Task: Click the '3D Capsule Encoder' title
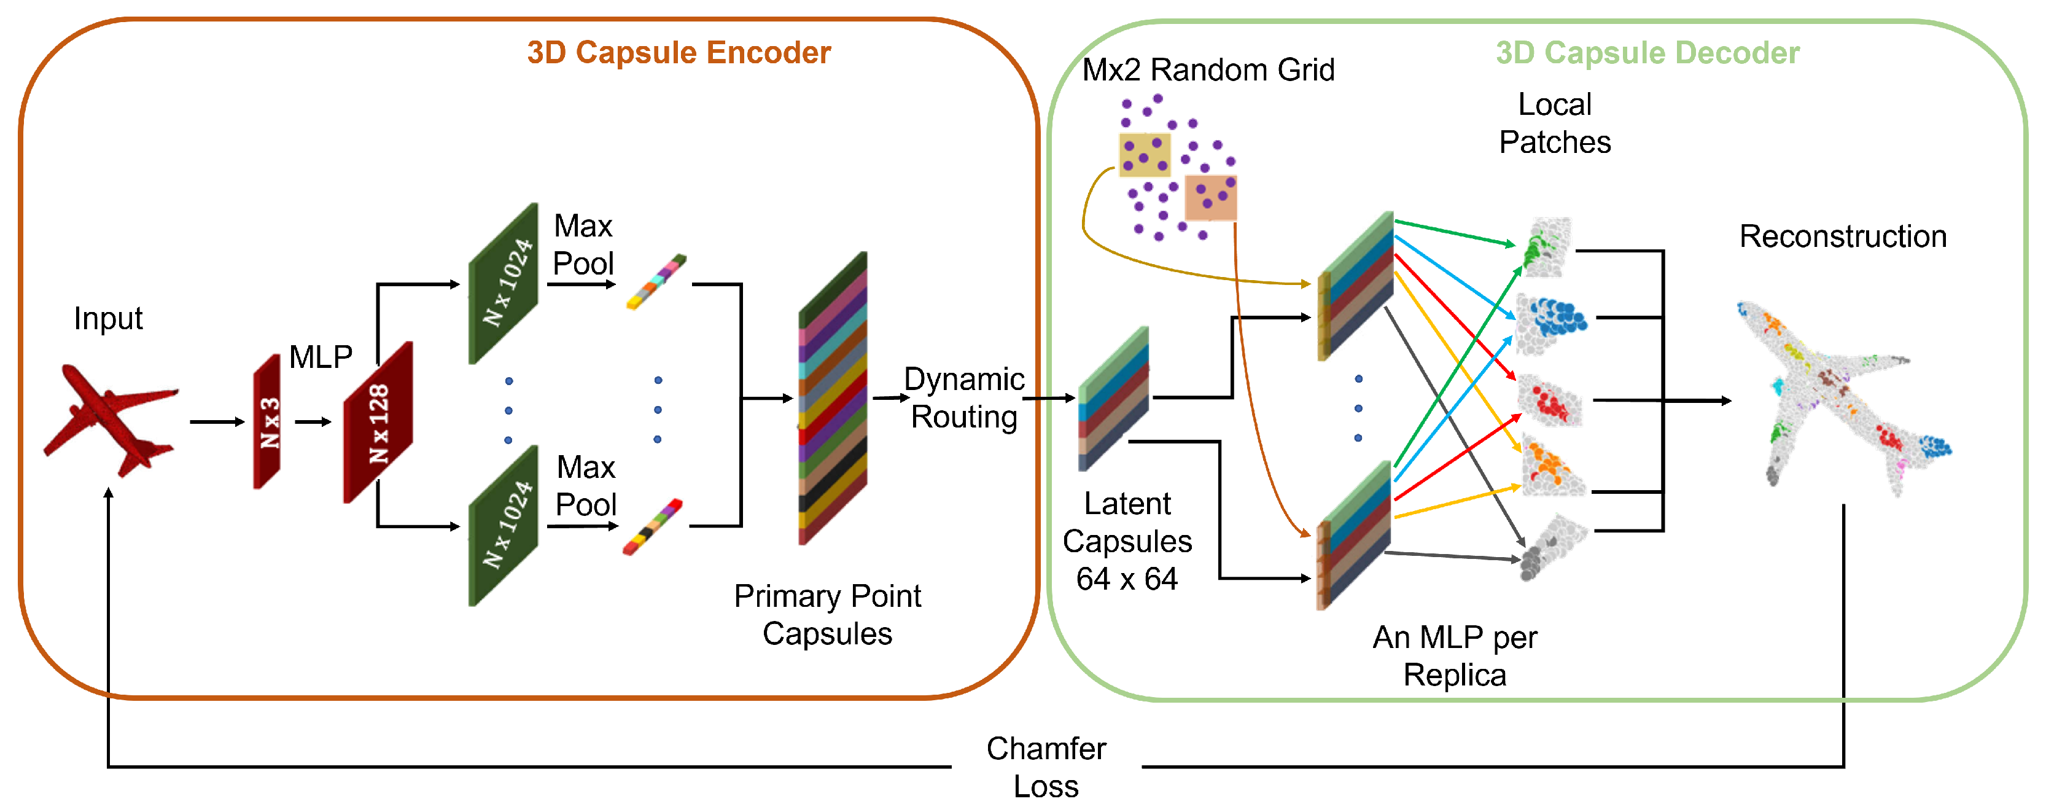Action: (x=679, y=52)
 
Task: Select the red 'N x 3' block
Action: (x=268, y=422)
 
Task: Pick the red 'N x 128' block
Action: (x=378, y=422)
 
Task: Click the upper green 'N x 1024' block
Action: (x=504, y=284)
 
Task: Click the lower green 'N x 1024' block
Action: (x=504, y=526)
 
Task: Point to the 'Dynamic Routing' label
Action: (x=963, y=397)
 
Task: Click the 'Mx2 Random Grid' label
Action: (x=1207, y=70)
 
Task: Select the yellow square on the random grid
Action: (x=1144, y=154)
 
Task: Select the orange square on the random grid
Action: (x=1210, y=197)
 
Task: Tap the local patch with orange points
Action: (x=1550, y=469)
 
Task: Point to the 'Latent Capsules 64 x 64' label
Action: (x=1127, y=541)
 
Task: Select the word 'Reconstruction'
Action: (x=1842, y=236)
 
